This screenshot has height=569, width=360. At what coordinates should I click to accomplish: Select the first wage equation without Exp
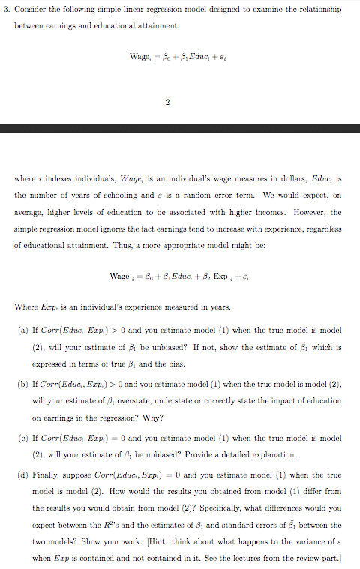click(x=179, y=56)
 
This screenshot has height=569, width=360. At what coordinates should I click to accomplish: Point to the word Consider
click(x=37, y=10)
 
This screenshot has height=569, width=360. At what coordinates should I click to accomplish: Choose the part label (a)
click(x=25, y=331)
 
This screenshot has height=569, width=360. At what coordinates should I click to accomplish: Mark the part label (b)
click(x=25, y=382)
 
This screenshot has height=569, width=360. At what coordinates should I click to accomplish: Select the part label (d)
click(x=25, y=475)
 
